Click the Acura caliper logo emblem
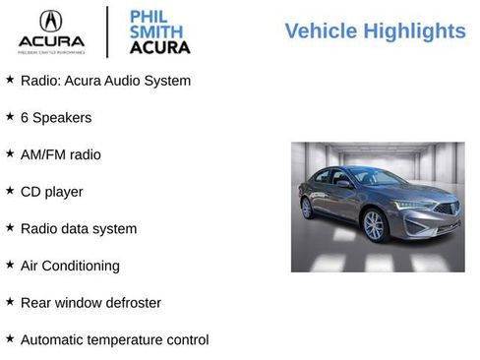51,22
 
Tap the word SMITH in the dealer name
155,31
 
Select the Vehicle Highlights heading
375,31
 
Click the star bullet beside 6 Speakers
10,116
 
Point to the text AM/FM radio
60,154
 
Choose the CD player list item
51,192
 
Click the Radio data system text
79,228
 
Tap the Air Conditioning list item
70,266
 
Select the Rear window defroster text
90,303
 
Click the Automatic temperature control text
114,340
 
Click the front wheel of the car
374,225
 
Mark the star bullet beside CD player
10,191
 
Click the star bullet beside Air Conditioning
10,265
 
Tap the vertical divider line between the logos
106,31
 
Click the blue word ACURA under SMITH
159,47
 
